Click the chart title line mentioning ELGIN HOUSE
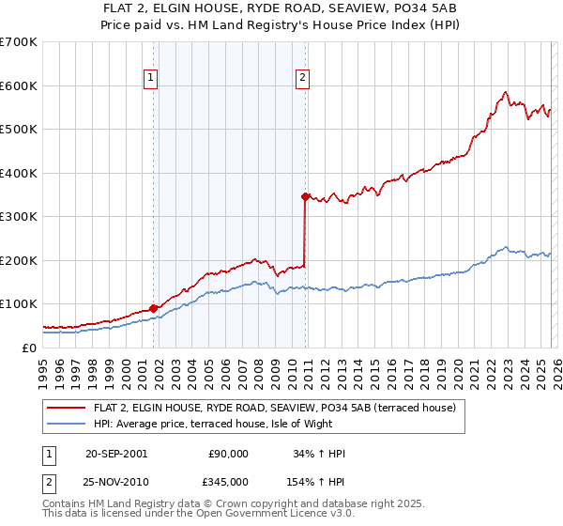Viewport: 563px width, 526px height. pyautogui.click(x=281, y=10)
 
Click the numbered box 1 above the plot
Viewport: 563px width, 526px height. pyautogui.click(x=152, y=80)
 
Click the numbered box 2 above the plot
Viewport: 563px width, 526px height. pyautogui.click(x=303, y=80)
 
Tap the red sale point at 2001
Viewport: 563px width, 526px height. pyautogui.click(x=153, y=308)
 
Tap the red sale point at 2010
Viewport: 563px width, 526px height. pyautogui.click(x=305, y=196)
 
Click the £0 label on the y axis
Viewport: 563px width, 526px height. pyautogui.click(x=28, y=348)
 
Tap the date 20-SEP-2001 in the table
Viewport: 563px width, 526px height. pyautogui.click(x=115, y=454)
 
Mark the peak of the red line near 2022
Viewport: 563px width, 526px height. pyautogui.click(x=505, y=92)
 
